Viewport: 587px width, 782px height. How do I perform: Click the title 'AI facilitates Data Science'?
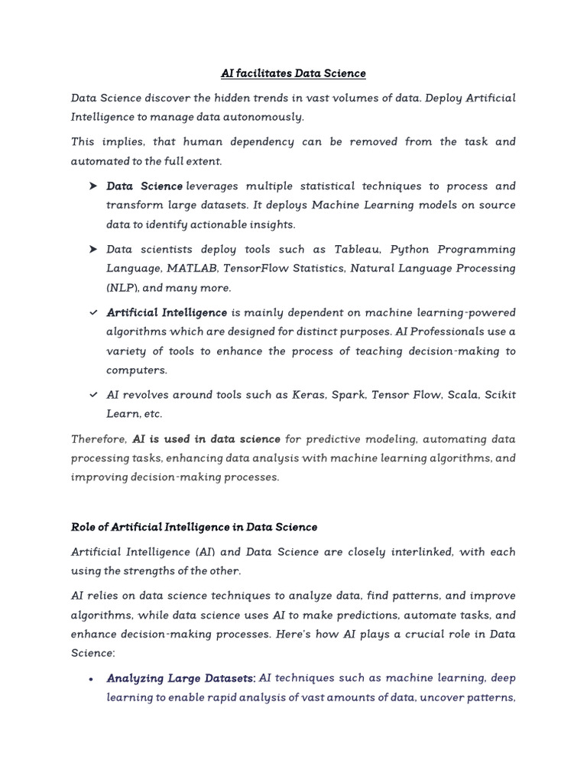click(x=293, y=73)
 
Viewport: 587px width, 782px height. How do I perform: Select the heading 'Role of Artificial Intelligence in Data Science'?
click(x=193, y=527)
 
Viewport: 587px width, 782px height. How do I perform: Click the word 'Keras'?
click(x=311, y=395)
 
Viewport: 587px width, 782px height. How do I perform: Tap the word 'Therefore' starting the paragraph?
click(x=99, y=439)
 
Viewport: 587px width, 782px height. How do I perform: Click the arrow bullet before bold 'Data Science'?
click(x=92, y=186)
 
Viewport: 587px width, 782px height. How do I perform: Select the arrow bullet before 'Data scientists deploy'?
click(x=92, y=250)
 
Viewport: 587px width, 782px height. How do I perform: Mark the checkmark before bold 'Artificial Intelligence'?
click(x=92, y=313)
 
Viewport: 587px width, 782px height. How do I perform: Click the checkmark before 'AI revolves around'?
click(x=92, y=395)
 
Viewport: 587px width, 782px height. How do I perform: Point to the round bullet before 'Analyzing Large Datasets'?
click(x=91, y=678)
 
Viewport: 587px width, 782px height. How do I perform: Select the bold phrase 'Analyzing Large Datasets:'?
click(x=181, y=678)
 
